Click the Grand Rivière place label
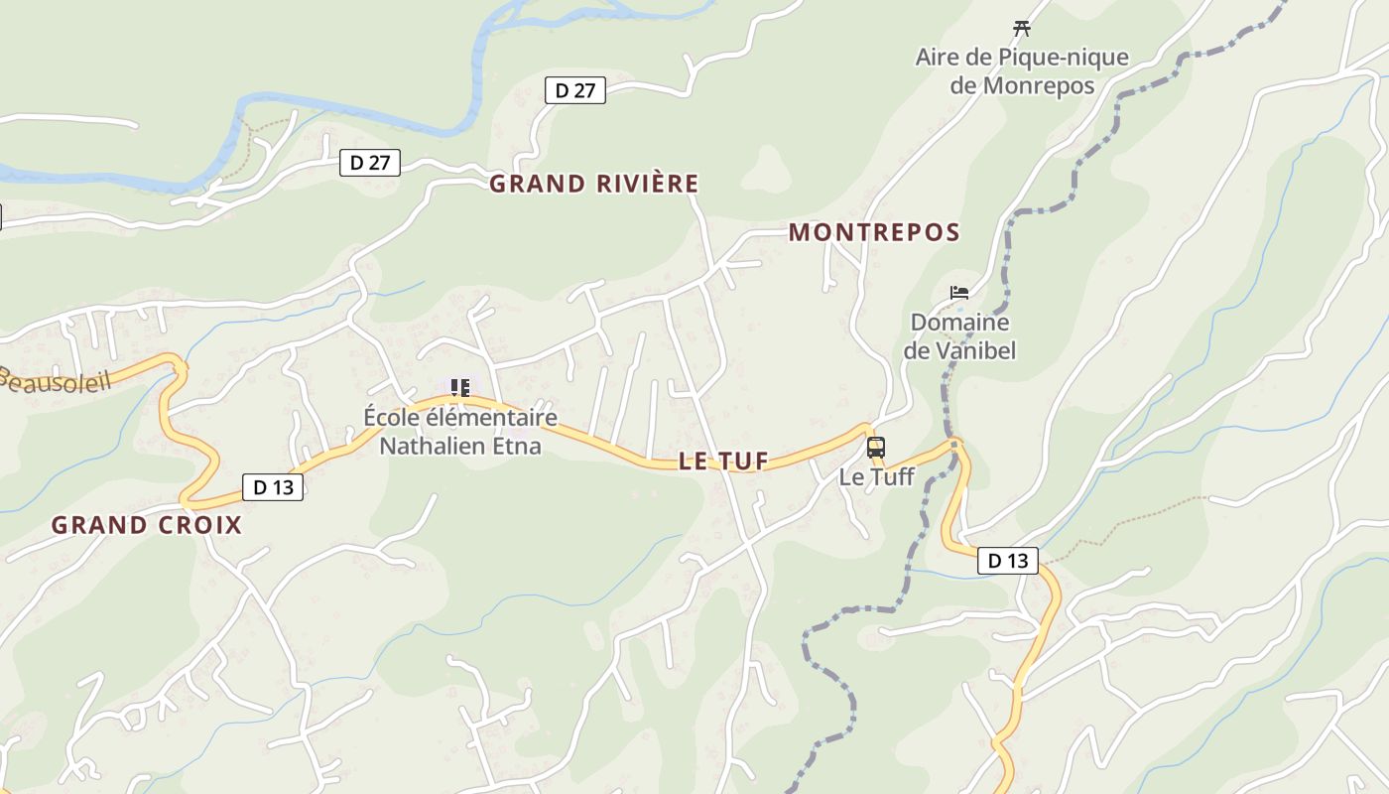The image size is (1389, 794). [x=593, y=184]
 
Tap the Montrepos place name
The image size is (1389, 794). [x=874, y=233]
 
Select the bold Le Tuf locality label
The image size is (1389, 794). [x=724, y=461]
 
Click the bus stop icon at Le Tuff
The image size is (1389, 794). [x=875, y=447]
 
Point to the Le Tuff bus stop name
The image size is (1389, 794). [x=876, y=476]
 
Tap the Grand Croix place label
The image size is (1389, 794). [x=147, y=525]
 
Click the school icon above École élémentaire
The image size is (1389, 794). [x=459, y=387]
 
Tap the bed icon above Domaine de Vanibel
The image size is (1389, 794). [x=958, y=292]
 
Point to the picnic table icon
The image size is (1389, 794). [x=1021, y=28]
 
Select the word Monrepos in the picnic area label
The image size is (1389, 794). [x=1039, y=85]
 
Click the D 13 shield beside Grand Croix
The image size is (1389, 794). [x=273, y=487]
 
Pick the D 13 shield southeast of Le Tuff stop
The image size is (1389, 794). [x=1008, y=561]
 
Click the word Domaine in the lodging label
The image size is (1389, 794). [x=959, y=322]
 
